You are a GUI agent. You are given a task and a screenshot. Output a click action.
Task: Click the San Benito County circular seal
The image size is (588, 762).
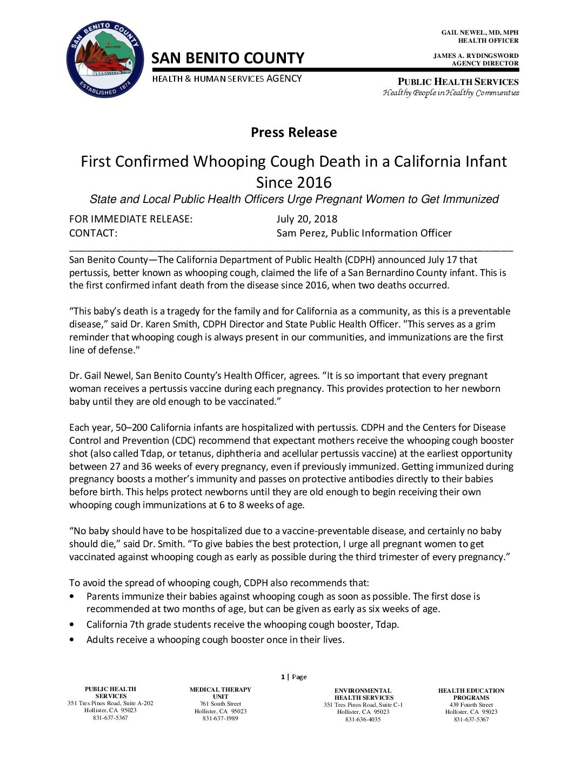tap(105, 60)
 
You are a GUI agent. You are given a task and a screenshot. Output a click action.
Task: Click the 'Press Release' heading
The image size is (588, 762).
tap(293, 133)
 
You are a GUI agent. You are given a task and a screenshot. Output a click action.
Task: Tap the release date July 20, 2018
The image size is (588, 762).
tap(306, 219)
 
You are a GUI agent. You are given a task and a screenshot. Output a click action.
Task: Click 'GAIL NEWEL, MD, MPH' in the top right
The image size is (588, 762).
tap(479, 33)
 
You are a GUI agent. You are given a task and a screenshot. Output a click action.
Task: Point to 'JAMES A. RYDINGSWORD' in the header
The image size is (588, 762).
tap(476, 56)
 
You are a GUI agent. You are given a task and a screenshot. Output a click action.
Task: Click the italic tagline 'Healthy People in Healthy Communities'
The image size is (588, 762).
tap(451, 93)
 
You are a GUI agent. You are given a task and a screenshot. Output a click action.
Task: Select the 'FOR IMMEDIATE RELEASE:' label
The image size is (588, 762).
tap(131, 219)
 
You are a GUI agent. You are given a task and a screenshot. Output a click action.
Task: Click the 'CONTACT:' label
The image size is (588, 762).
tap(93, 233)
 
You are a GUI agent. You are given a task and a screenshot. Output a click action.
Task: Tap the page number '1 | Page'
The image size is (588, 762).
tap(293, 677)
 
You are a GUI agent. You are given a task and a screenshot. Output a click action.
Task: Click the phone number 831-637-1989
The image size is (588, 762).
tap(220, 718)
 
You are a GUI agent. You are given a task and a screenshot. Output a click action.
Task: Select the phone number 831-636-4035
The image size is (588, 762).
tap(363, 719)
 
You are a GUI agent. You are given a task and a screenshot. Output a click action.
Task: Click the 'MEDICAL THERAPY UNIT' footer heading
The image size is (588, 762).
tap(220, 693)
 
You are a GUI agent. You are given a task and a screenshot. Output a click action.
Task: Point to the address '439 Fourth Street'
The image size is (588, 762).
tap(471, 705)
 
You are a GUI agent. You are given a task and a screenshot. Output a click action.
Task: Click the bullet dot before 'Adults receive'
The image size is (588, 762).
tap(72, 640)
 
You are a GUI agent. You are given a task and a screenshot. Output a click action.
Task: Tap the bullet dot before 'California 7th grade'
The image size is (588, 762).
tap(72, 625)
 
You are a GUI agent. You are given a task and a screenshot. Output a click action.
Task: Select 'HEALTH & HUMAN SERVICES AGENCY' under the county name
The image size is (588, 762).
tap(227, 79)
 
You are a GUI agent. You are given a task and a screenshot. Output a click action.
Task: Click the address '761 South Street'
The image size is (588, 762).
tap(220, 704)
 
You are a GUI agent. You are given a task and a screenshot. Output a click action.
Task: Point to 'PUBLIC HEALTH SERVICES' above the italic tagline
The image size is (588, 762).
tap(458, 82)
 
